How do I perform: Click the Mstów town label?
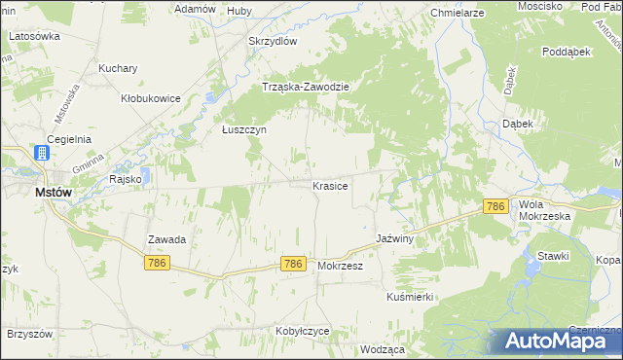click(x=53, y=193)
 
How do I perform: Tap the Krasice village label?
click(x=330, y=185)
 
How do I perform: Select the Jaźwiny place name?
click(x=395, y=238)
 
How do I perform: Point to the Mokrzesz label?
click(x=340, y=265)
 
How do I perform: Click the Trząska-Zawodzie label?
click(x=306, y=86)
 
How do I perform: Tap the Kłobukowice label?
click(x=150, y=98)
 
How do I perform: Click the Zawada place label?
click(x=166, y=238)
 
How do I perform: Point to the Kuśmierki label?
click(x=409, y=296)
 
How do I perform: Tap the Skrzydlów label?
click(x=272, y=41)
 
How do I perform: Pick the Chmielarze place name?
click(x=458, y=14)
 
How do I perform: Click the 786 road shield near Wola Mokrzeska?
click(x=496, y=206)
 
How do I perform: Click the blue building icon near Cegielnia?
click(x=42, y=153)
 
